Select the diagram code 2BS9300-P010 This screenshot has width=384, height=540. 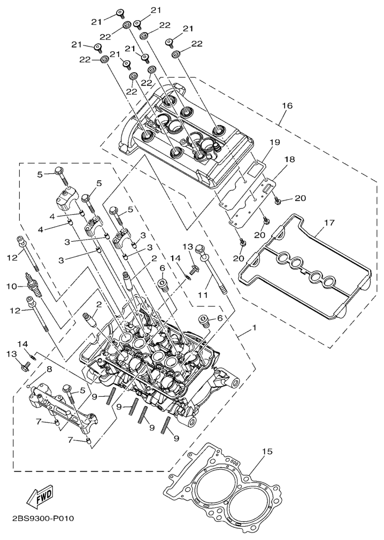coord(41,519)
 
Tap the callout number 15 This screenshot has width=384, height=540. coord(267,452)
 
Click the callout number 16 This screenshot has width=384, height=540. coord(287,106)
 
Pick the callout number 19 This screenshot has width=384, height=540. coord(274,143)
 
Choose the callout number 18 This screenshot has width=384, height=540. coord(289,160)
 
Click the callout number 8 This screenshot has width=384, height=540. coord(49,369)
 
